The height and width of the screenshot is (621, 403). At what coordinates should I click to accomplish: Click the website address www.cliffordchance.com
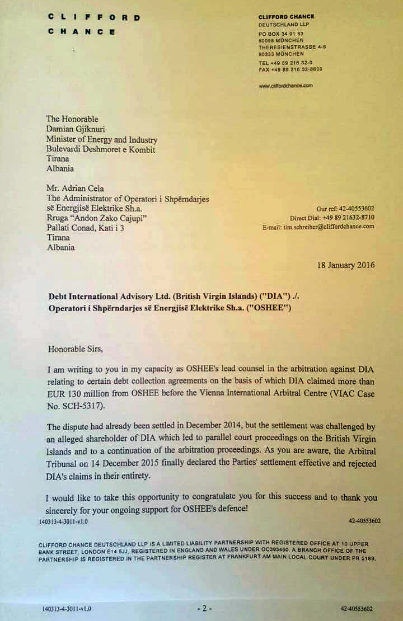point(285,86)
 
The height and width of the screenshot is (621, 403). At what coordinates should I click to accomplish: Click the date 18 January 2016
point(346,265)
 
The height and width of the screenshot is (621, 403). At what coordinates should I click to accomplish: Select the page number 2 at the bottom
point(205,609)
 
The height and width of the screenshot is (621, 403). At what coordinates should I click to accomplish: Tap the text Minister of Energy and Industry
point(101,140)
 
